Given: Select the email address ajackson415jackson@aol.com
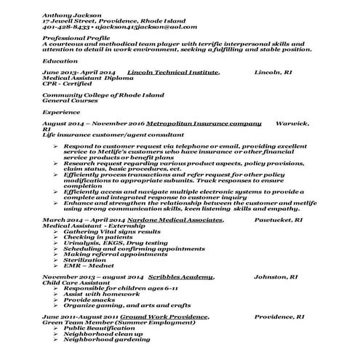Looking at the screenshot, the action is coord(138,27).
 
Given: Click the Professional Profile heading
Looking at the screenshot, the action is coord(76,39).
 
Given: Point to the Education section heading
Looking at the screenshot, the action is coord(60,63).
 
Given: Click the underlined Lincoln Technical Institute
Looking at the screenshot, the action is coord(172,73).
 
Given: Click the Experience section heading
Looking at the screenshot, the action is coord(61,113).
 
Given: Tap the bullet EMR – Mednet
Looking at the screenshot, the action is coord(86,266).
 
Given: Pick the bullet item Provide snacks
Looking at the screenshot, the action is coord(88,300).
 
